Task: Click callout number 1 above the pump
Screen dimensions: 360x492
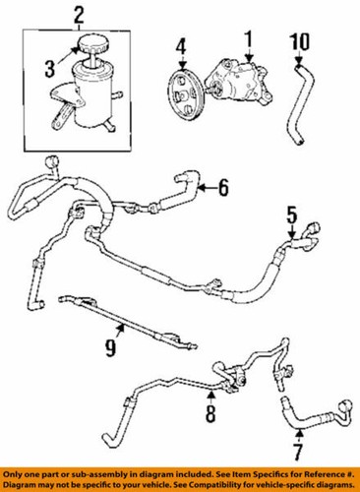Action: (249, 40)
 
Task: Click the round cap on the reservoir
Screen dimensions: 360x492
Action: (90, 47)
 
